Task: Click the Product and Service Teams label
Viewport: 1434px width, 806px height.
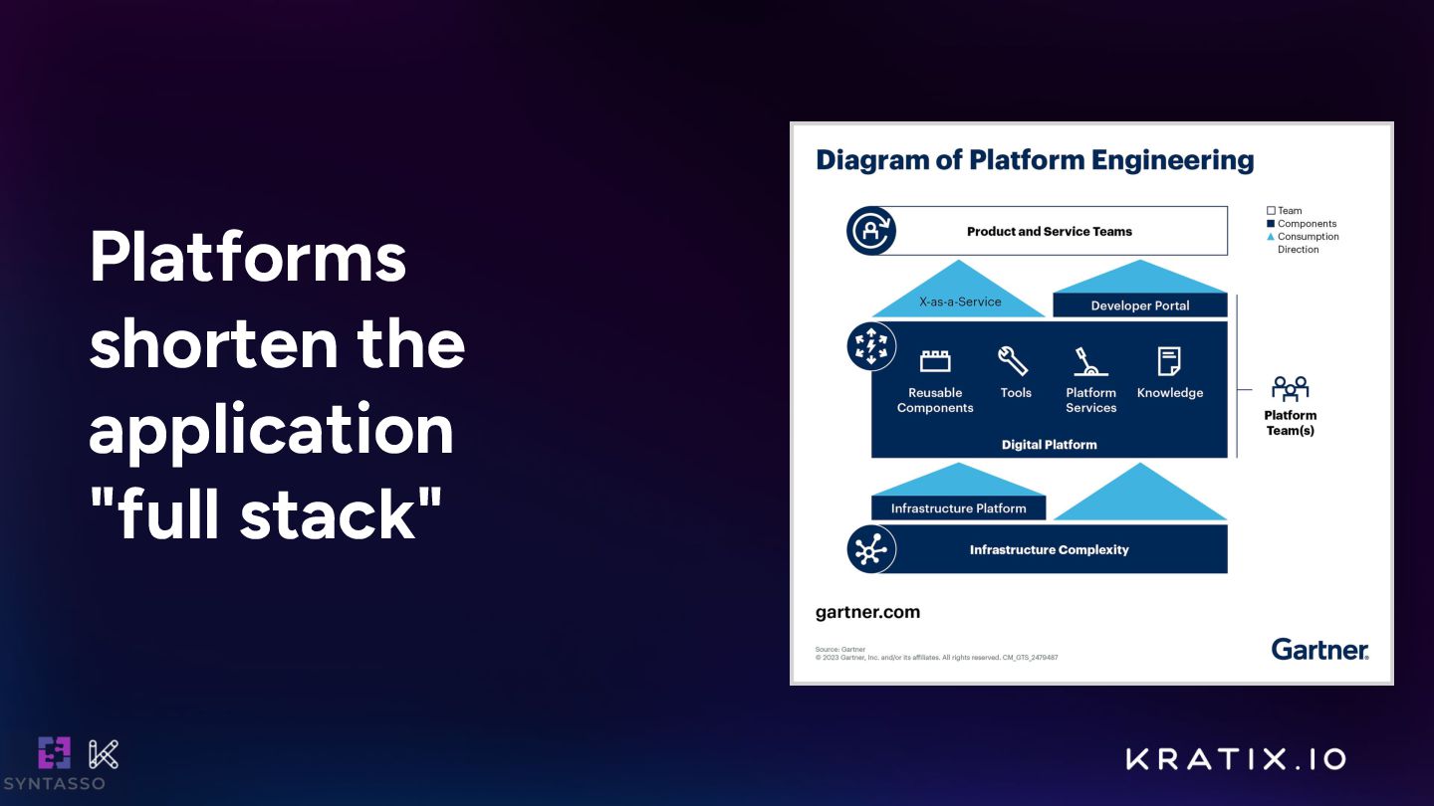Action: point(1049,232)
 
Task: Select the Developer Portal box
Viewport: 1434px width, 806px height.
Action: point(1139,305)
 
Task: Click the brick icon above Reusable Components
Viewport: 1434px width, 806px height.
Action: point(934,360)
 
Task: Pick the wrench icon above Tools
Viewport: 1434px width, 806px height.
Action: point(1014,360)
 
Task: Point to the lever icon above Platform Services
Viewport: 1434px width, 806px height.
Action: point(1089,360)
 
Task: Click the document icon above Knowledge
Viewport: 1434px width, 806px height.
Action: point(1169,360)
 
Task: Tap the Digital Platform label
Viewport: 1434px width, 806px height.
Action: point(1049,445)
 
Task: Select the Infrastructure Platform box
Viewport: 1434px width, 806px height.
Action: point(958,508)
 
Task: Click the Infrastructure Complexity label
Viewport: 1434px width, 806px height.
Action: point(1049,549)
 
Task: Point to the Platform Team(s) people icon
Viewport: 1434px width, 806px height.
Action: point(1290,389)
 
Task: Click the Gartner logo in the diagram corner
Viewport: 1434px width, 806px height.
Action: point(1319,650)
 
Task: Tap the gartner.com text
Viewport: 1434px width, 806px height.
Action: point(867,612)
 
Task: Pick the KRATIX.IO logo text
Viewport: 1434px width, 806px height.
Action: point(1236,759)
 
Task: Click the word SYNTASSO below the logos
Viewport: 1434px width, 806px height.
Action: point(54,784)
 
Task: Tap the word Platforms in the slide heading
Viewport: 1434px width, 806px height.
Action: point(248,258)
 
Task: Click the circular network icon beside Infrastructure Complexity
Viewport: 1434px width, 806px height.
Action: point(870,549)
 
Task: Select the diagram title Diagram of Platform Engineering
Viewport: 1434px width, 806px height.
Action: point(1035,160)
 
